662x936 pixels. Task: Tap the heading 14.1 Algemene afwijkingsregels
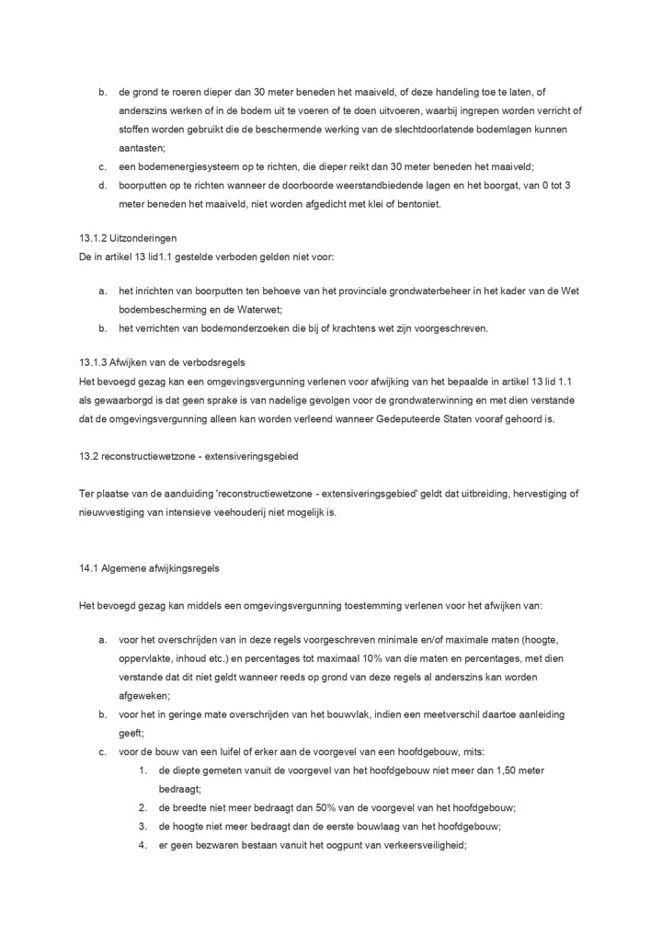click(149, 568)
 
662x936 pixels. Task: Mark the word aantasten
click(141, 148)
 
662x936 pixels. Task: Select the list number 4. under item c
click(143, 844)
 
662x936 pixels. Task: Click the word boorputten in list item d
click(142, 185)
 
